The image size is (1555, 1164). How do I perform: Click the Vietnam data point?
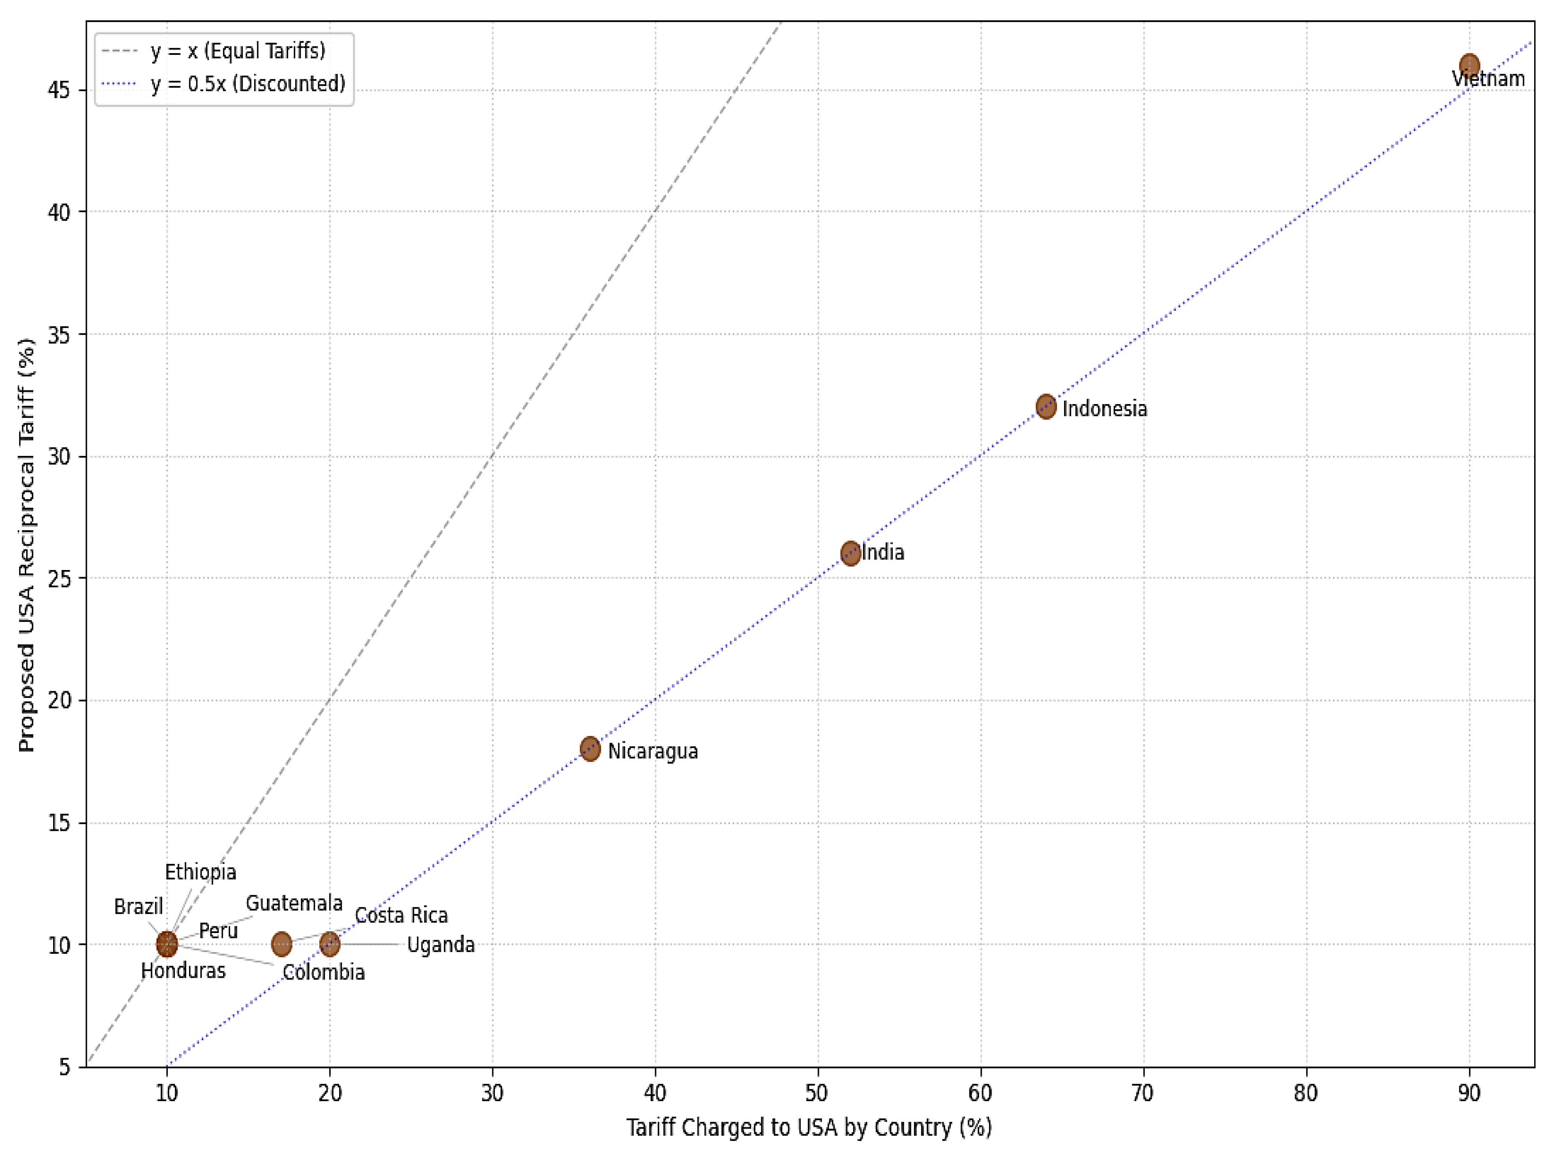click(1469, 66)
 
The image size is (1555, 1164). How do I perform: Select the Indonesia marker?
click(1046, 406)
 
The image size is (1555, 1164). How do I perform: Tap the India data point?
click(851, 553)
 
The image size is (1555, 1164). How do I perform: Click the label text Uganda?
click(441, 944)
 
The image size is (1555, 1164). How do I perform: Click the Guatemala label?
click(294, 903)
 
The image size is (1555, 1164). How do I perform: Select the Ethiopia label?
click(201, 872)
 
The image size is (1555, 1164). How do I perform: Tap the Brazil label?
click(139, 907)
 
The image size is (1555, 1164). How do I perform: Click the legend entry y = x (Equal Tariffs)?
click(238, 51)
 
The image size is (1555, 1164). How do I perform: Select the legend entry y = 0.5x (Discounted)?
click(247, 84)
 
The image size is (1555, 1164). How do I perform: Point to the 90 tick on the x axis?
click(1469, 1094)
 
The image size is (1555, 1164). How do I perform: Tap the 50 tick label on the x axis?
click(818, 1094)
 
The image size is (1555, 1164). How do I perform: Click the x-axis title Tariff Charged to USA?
click(808, 1127)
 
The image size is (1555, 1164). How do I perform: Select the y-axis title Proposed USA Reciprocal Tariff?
click(27, 545)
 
